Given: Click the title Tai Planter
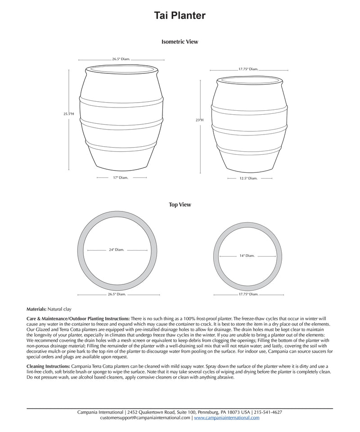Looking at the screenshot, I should [180, 16].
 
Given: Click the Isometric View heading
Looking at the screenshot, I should [180, 42].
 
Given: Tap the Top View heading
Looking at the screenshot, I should [180, 205].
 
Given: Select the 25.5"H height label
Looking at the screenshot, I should [68, 114].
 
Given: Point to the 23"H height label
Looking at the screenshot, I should [199, 120].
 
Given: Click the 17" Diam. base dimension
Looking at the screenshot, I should [121, 178].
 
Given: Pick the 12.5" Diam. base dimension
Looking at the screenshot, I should [248, 179].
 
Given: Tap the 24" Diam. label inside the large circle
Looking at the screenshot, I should [116, 250].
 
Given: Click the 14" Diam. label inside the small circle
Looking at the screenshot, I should [247, 256].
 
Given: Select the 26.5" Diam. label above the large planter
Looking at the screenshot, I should [121, 59].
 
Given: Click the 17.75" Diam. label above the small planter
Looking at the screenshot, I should [248, 69].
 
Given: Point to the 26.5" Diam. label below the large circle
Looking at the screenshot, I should [117, 294].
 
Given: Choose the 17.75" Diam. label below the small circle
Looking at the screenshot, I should [248, 294].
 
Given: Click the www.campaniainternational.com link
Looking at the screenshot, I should [227, 418].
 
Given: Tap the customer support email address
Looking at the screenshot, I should [145, 418].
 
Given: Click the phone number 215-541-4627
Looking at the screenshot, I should [268, 412].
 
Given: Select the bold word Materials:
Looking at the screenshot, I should [36, 310].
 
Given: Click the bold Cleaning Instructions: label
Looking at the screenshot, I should [49, 366].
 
